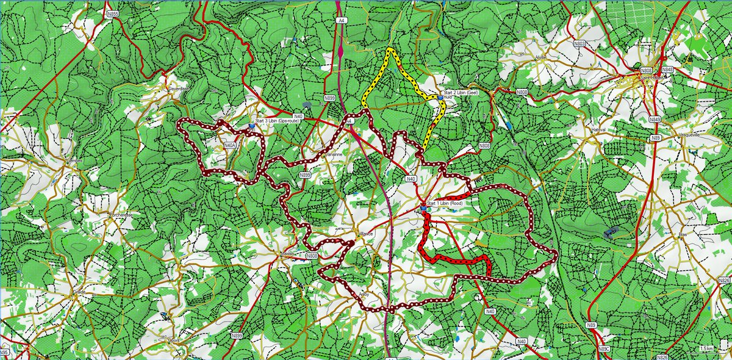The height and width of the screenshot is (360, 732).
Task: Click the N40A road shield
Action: click(x=229, y=146)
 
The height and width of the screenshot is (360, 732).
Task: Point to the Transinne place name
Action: click(x=336, y=156)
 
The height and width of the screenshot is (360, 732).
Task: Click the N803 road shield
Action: click(x=579, y=43)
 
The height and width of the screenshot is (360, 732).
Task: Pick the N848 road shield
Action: click(x=669, y=70)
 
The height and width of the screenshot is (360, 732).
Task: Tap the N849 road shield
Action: click(x=655, y=120)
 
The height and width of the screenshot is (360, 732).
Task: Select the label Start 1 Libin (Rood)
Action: click(x=449, y=203)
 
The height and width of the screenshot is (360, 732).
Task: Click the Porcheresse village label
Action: click(x=121, y=214)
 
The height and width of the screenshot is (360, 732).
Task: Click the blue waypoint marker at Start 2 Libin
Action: click(x=440, y=96)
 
